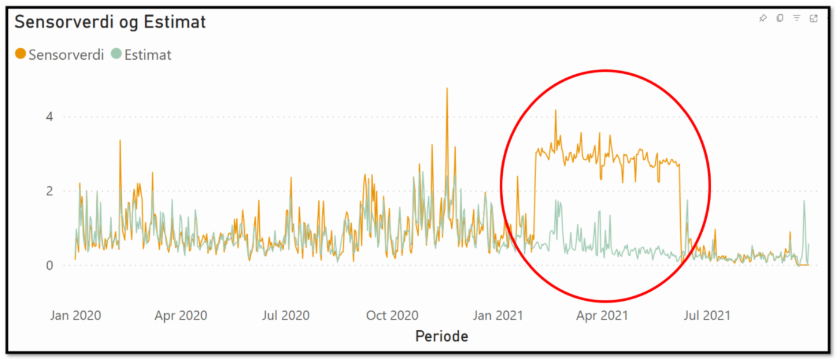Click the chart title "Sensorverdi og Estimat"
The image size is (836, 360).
pos(110,23)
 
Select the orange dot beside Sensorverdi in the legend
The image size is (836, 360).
pos(20,54)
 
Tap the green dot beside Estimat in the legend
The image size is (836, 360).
pos(116,54)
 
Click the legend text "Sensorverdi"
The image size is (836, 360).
pos(66,55)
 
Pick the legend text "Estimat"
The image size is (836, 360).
pos(147,55)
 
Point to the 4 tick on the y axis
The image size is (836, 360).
pos(50,116)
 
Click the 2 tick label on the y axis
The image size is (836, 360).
pos(50,191)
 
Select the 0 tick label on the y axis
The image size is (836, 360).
pos(50,265)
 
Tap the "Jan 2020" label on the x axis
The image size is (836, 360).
pos(75,315)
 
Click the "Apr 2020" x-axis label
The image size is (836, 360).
pos(180,315)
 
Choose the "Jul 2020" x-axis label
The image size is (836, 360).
pos(285,315)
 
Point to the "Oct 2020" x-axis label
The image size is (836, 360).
pos(392,315)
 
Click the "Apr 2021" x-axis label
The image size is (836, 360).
pos(602,315)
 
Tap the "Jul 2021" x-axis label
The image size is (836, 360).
pos(706,315)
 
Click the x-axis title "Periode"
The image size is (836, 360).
pos(441,337)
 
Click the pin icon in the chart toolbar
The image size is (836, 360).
pos(763,19)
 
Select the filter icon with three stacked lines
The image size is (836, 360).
pos(796,19)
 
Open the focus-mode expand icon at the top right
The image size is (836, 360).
pos(813,19)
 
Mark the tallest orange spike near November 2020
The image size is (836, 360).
pos(446,89)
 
